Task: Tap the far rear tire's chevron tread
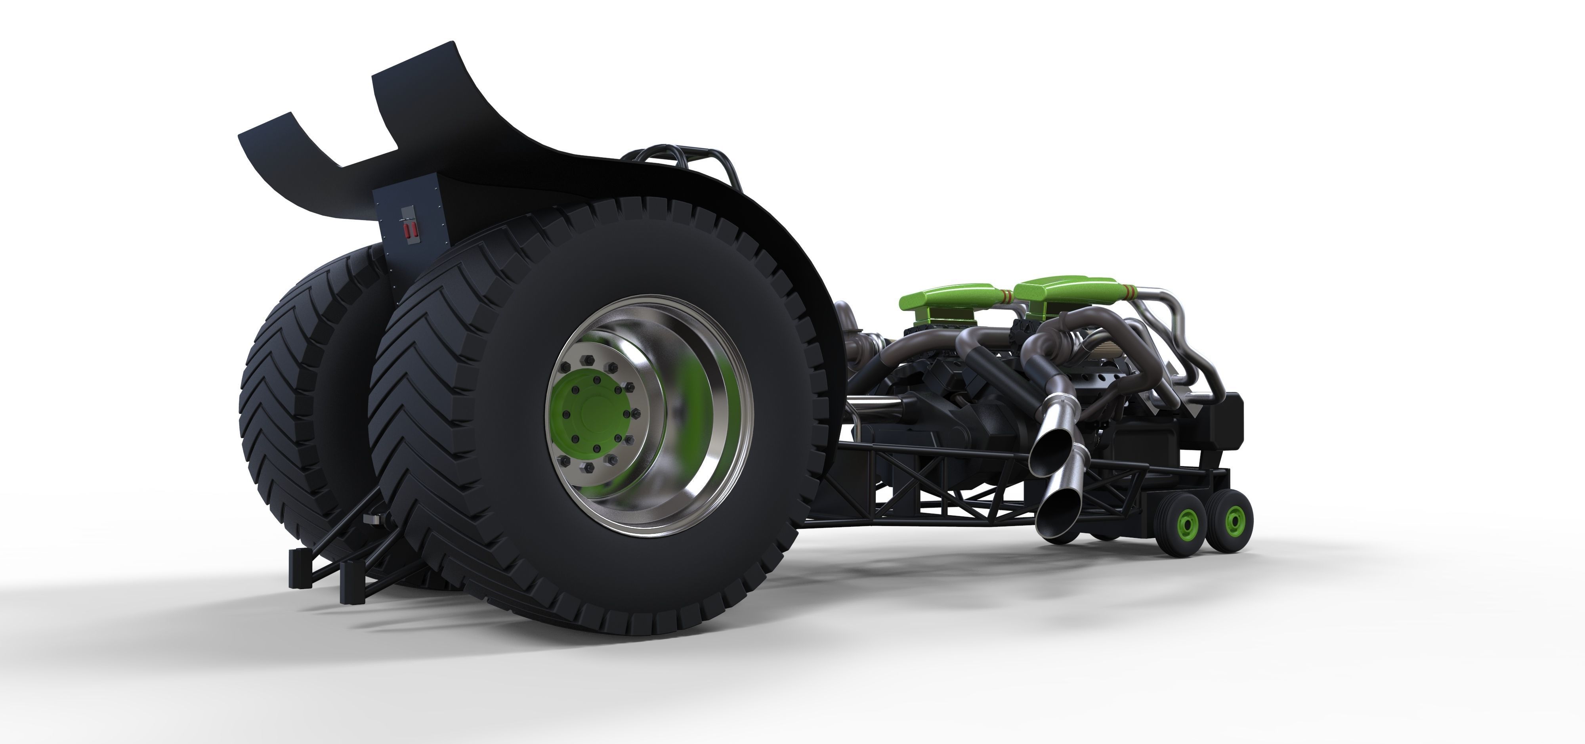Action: click(277, 394)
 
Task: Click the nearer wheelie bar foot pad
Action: click(349, 578)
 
